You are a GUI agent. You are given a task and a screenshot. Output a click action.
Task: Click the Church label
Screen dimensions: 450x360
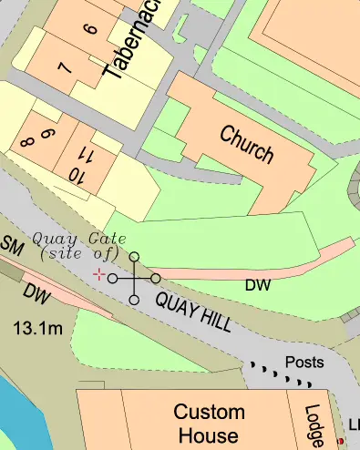click(246, 143)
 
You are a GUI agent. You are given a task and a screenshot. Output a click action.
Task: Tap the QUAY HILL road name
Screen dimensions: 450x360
click(192, 312)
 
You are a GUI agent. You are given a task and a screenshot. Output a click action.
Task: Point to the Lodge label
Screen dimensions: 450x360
click(314, 426)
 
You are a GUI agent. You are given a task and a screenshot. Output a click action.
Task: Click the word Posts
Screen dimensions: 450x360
click(303, 362)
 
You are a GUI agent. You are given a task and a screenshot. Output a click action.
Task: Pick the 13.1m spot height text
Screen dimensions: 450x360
click(37, 326)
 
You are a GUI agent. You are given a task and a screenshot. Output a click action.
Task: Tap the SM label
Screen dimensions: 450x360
click(11, 246)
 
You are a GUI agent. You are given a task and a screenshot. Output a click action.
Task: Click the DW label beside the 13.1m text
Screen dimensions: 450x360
click(36, 294)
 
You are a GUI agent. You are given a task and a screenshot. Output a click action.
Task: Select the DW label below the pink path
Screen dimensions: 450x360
click(258, 285)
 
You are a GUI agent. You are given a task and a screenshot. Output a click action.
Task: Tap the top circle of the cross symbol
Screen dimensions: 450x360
click(134, 258)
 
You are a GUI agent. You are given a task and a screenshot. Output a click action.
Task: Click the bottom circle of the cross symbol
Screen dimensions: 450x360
click(134, 300)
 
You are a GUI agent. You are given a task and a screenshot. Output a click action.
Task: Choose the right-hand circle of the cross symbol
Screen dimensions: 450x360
click(156, 278)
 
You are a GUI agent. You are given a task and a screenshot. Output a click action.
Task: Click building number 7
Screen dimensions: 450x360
click(63, 67)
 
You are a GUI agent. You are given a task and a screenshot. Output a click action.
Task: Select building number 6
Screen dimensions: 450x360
click(89, 29)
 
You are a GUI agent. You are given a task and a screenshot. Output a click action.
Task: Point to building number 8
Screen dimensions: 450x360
click(26, 141)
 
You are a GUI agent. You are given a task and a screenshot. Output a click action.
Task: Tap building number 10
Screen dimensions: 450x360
click(76, 176)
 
